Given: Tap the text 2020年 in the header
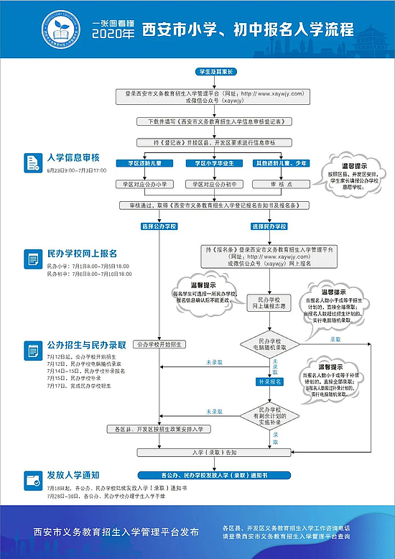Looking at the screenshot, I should pos(114,34).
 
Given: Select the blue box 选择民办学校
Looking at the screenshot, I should pos(269,226).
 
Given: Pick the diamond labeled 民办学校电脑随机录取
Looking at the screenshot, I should pos(273,343).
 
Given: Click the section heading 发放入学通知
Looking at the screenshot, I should pos(73,476).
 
